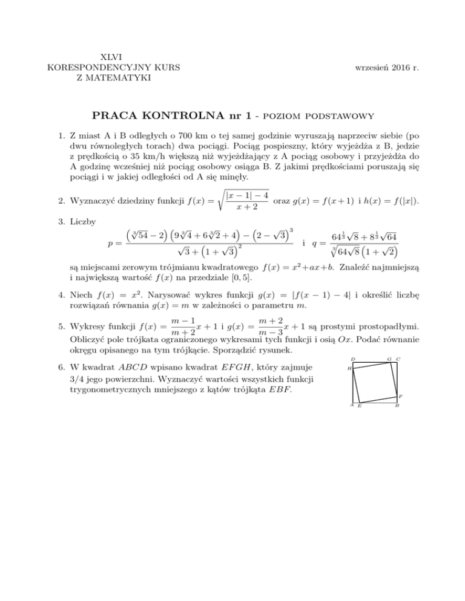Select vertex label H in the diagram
tap(349, 369)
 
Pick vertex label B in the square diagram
tap(397, 406)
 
